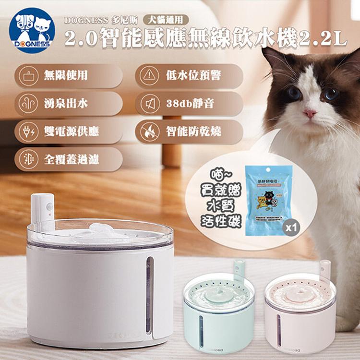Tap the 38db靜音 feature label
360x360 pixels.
[x=187, y=103]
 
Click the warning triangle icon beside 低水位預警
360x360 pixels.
[x=151, y=75]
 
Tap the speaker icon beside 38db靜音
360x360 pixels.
[x=151, y=103]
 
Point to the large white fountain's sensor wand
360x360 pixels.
[x=44, y=209]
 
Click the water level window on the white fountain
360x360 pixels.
[x=149, y=293]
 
